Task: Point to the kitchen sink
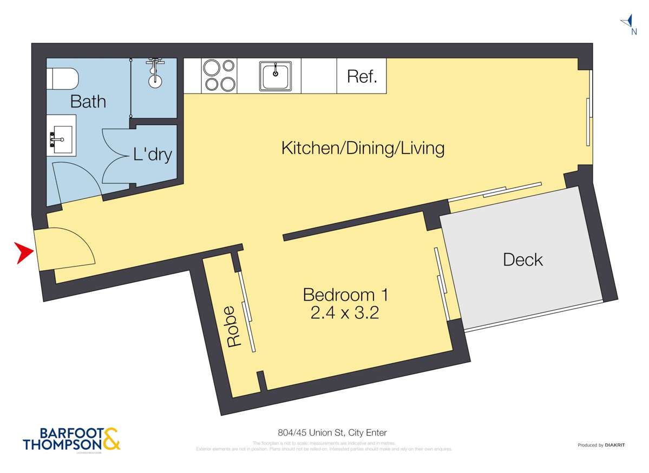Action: click(x=276, y=76)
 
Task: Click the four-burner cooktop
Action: click(x=219, y=75)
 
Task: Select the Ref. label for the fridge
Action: click(x=362, y=76)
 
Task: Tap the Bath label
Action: click(x=88, y=102)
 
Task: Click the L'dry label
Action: click(x=153, y=155)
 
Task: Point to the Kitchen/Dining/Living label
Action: click(x=363, y=148)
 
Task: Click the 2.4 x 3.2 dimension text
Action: click(x=344, y=313)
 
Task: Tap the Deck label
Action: click(x=522, y=259)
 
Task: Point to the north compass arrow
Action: click(x=628, y=22)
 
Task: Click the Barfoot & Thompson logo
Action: click(x=71, y=439)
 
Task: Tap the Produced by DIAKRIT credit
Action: click(x=601, y=445)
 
